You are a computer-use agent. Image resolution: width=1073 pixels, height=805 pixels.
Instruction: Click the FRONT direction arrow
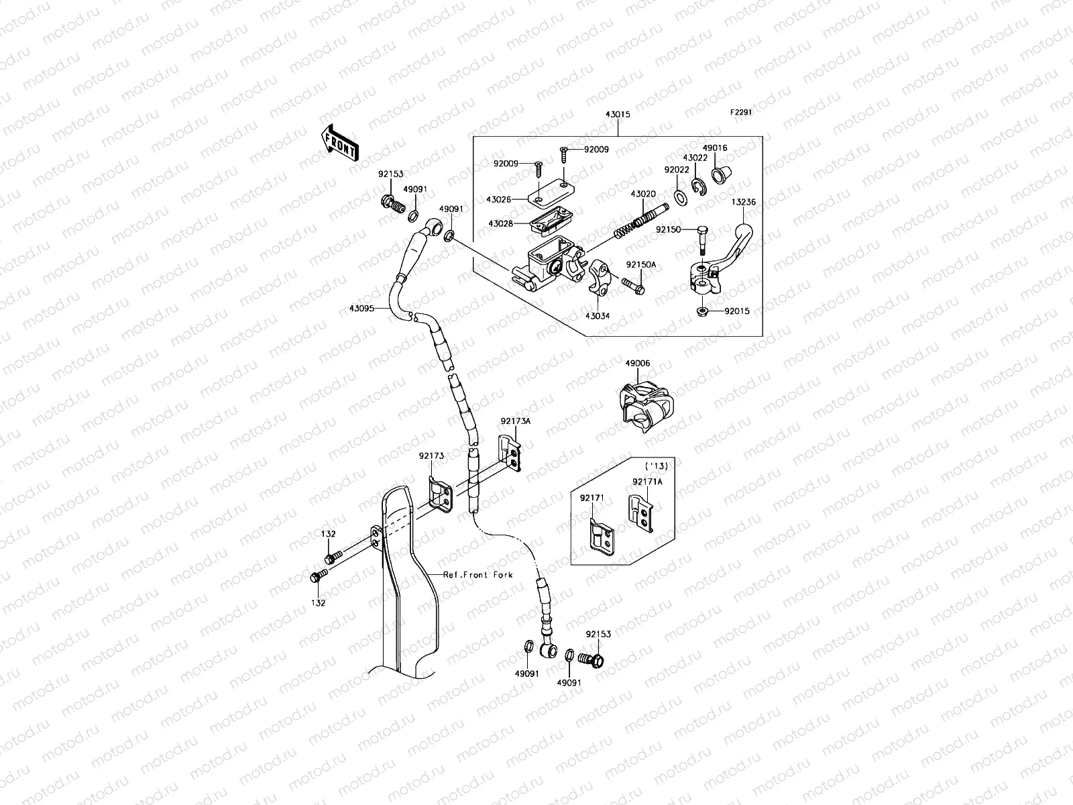point(340,143)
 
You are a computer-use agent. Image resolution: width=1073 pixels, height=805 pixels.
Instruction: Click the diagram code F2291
point(741,113)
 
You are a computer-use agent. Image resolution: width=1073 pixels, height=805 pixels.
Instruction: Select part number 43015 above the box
point(618,115)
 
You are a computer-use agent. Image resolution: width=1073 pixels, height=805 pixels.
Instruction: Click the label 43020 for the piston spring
point(642,195)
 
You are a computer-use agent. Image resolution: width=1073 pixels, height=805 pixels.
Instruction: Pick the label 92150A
point(641,265)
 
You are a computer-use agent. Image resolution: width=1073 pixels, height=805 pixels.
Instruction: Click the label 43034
point(597,315)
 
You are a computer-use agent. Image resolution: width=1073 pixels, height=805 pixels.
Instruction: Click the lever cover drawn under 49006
point(642,403)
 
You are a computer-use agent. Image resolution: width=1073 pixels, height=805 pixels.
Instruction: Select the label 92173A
point(515,421)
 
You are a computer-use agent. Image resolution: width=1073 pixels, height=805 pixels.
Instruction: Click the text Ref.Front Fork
point(477,575)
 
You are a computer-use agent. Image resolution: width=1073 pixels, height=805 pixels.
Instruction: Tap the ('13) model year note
point(655,466)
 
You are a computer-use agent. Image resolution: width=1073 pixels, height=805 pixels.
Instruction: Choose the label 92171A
point(646,482)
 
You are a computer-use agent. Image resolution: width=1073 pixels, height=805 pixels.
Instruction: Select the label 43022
point(695,158)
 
